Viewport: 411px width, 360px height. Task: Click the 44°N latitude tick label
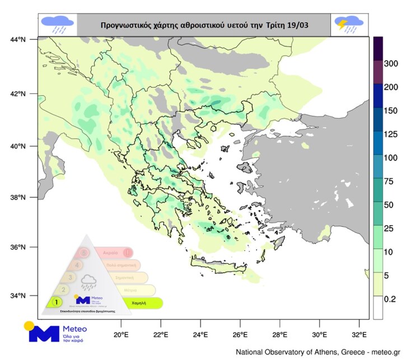click(x=18, y=39)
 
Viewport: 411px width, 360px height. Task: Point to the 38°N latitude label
click(x=18, y=198)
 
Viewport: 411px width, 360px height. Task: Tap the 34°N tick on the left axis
click(x=18, y=296)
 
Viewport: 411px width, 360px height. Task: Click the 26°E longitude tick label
click(x=240, y=334)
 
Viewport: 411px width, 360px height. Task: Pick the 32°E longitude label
click(x=359, y=334)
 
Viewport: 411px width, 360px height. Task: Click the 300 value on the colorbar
click(x=391, y=64)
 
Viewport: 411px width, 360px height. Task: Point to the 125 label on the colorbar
click(x=391, y=135)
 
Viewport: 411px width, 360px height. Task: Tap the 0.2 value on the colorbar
click(x=390, y=300)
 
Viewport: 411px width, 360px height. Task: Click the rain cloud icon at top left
click(x=58, y=25)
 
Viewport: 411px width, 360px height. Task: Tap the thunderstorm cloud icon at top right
click(x=349, y=25)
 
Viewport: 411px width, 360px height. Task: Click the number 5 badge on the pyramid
click(x=83, y=253)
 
